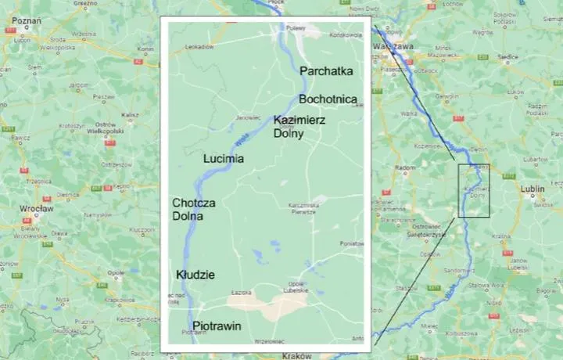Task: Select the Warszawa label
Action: [x=393, y=46]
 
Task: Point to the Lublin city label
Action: [x=535, y=189]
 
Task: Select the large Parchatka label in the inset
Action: [x=327, y=71]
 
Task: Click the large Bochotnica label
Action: [x=328, y=99]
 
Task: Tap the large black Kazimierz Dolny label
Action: [x=299, y=127]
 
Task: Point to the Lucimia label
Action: [x=223, y=159]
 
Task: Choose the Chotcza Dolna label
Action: [x=194, y=209]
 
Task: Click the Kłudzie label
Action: [x=195, y=275]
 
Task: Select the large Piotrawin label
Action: [x=217, y=326]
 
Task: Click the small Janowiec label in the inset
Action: [x=247, y=117]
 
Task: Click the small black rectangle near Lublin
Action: [x=474, y=190]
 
